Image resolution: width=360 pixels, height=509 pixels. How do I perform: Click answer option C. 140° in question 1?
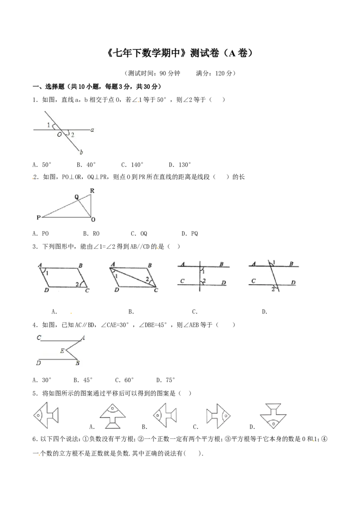point(132,165)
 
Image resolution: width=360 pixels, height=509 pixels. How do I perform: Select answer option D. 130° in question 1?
point(180,165)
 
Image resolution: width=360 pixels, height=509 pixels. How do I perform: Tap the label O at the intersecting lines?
point(59,134)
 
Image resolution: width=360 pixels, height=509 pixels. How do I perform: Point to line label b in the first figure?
point(81,152)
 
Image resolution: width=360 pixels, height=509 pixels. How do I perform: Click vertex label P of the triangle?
point(38,218)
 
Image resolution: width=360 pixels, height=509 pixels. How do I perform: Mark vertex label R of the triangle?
point(92,191)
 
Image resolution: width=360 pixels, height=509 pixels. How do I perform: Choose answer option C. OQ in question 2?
point(139,233)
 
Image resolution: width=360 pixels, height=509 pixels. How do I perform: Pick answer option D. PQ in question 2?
point(189,233)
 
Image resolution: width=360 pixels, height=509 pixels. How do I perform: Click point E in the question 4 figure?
point(62,351)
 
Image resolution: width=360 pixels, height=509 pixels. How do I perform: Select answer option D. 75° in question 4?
point(166,380)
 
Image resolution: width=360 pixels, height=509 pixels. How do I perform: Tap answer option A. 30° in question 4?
point(42,380)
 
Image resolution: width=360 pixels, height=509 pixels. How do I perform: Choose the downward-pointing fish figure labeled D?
point(273,415)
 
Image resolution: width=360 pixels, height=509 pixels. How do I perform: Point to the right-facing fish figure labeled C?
point(218,416)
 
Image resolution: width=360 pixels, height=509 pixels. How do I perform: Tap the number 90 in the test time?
point(162,73)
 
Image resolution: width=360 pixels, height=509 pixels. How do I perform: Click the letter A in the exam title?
point(231,53)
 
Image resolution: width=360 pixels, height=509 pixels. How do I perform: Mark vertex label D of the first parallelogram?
point(46,290)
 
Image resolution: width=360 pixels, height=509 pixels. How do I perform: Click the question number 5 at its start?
point(34,393)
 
